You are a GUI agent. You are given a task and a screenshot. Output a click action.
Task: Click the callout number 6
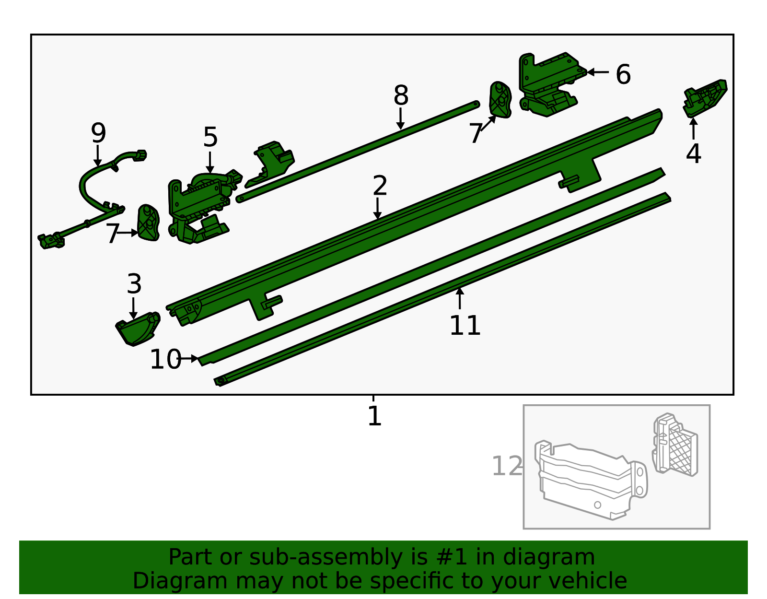[623, 75]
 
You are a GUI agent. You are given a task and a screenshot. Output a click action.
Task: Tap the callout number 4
[693, 154]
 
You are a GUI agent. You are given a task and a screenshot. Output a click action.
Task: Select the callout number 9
[98, 133]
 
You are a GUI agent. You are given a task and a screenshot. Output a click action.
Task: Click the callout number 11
[465, 326]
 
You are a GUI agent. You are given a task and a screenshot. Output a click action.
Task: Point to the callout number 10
[165, 359]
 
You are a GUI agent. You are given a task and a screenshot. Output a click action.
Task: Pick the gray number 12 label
[507, 466]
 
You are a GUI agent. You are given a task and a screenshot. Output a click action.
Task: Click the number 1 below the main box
[374, 416]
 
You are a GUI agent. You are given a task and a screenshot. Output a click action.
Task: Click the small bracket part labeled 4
[705, 98]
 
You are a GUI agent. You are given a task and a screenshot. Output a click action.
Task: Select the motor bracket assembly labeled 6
[549, 84]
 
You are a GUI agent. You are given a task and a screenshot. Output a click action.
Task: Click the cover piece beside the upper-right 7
[500, 100]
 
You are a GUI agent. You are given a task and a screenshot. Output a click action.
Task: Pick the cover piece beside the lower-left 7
[148, 223]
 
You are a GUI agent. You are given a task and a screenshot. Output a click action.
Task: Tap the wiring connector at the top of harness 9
[140, 155]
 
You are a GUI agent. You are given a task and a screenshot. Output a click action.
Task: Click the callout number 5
[210, 138]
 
